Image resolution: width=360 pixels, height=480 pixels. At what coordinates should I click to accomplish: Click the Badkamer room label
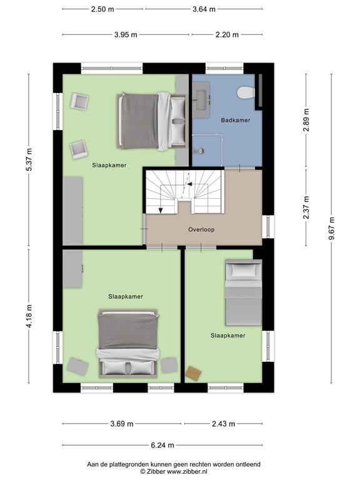click(236, 120)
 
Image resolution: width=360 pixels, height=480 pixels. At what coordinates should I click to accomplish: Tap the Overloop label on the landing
click(201, 229)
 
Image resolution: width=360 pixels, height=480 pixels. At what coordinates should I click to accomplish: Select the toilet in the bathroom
click(246, 92)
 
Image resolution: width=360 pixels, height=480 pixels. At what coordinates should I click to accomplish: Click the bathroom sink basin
click(201, 99)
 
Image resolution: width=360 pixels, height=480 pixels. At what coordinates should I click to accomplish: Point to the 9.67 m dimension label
click(331, 229)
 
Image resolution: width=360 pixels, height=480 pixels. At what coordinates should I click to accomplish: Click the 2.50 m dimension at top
click(102, 9)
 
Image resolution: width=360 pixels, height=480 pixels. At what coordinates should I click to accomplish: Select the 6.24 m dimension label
click(162, 445)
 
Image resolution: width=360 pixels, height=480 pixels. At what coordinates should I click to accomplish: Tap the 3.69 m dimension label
click(122, 424)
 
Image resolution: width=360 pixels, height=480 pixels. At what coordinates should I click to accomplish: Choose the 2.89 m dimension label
click(306, 120)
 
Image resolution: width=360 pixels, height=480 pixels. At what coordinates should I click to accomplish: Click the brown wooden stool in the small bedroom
click(194, 374)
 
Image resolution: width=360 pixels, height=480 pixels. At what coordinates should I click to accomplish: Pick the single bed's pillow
click(244, 270)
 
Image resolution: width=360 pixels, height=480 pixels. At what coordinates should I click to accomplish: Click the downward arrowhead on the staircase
click(161, 210)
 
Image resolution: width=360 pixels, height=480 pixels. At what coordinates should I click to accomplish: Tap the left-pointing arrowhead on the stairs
click(189, 184)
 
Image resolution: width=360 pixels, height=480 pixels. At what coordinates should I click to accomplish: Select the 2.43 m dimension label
click(224, 424)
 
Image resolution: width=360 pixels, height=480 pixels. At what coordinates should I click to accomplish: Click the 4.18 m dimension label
click(29, 316)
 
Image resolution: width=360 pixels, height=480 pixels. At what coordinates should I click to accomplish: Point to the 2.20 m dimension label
click(227, 34)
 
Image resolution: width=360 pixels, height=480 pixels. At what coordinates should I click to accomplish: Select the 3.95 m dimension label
click(126, 34)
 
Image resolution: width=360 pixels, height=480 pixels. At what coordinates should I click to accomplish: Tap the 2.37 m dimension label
click(306, 207)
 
